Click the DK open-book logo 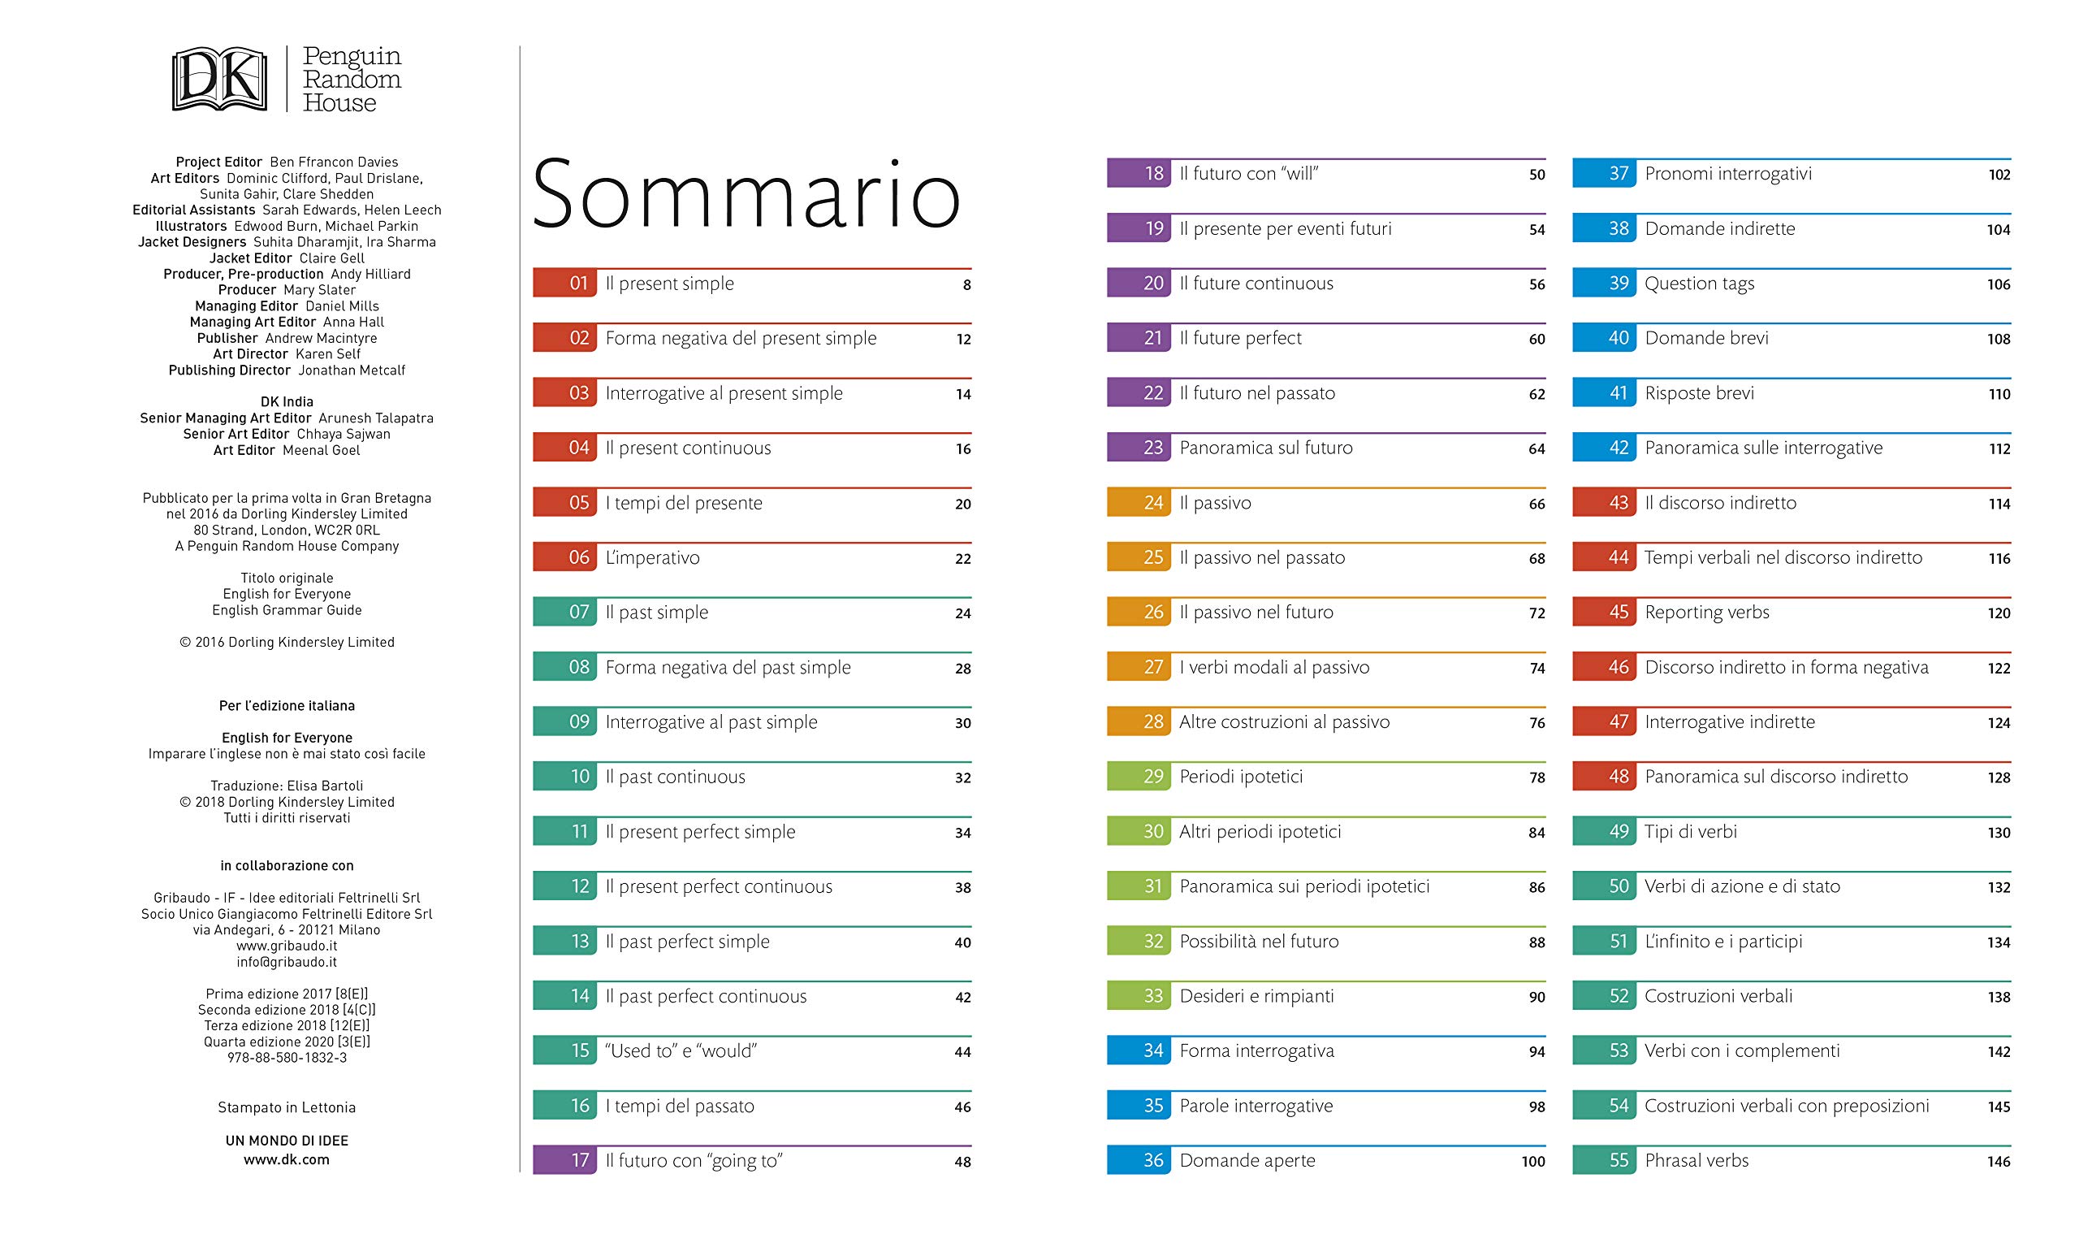(219, 80)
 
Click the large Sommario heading (746, 193)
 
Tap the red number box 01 (564, 283)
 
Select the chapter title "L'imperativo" (652, 558)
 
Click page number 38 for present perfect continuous (963, 888)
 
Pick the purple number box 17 (564, 1160)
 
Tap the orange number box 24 (1139, 503)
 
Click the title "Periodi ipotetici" (1241, 777)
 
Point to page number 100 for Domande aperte (1533, 1162)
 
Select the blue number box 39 (1604, 283)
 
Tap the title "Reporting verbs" (1706, 613)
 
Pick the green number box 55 (1604, 1160)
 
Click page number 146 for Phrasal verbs (1999, 1162)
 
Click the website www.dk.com (287, 1160)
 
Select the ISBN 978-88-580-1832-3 (287, 1058)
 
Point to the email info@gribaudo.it (287, 963)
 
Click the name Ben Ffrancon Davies (334, 162)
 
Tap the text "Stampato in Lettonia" (287, 1107)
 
